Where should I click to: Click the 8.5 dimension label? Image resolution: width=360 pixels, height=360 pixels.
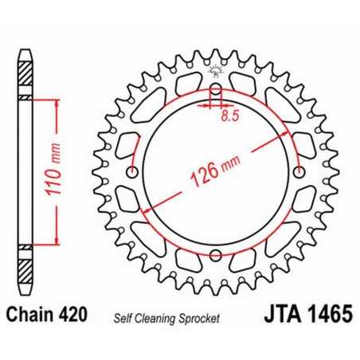coord(229,115)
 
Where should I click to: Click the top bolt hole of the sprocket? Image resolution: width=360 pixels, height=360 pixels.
coord(215,90)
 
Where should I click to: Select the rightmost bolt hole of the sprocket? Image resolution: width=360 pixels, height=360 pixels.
coord(299,174)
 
